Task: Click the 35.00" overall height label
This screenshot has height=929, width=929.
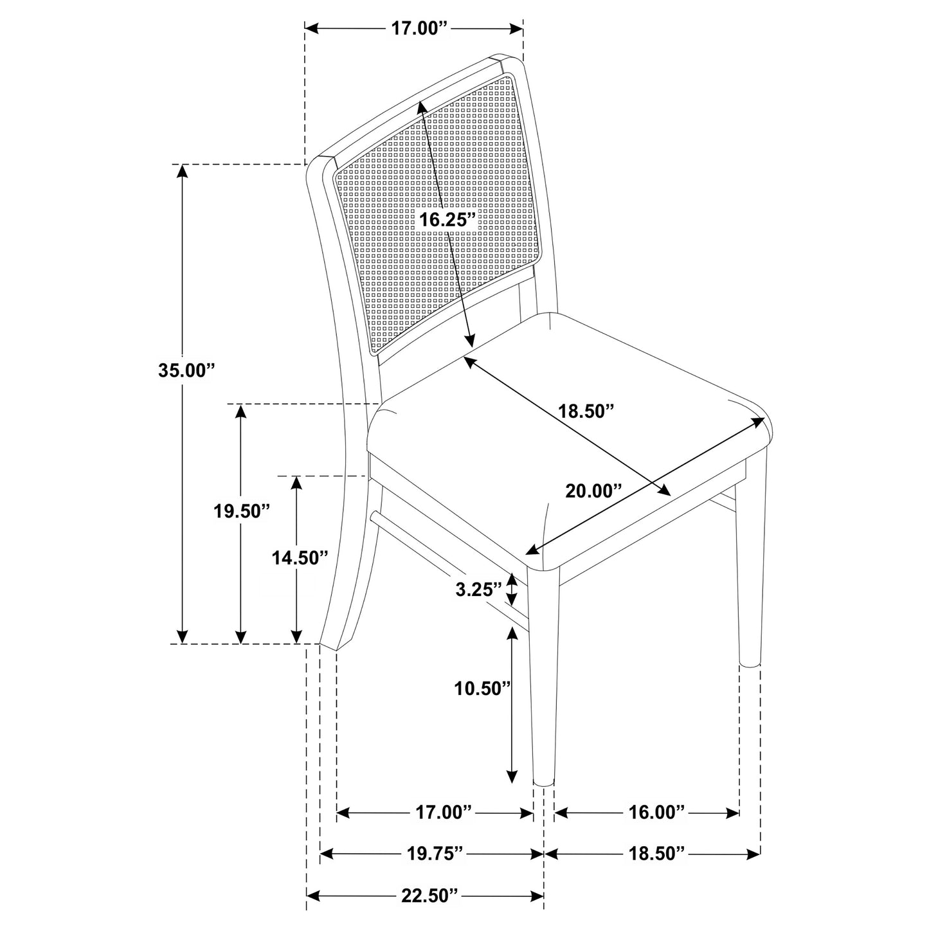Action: (186, 370)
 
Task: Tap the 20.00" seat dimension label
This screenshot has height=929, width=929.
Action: (593, 491)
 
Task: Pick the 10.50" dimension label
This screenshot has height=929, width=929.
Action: (482, 689)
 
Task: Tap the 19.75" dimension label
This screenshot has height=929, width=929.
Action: (435, 854)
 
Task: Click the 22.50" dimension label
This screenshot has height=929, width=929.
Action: (430, 896)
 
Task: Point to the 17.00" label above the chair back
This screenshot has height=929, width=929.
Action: (419, 28)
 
